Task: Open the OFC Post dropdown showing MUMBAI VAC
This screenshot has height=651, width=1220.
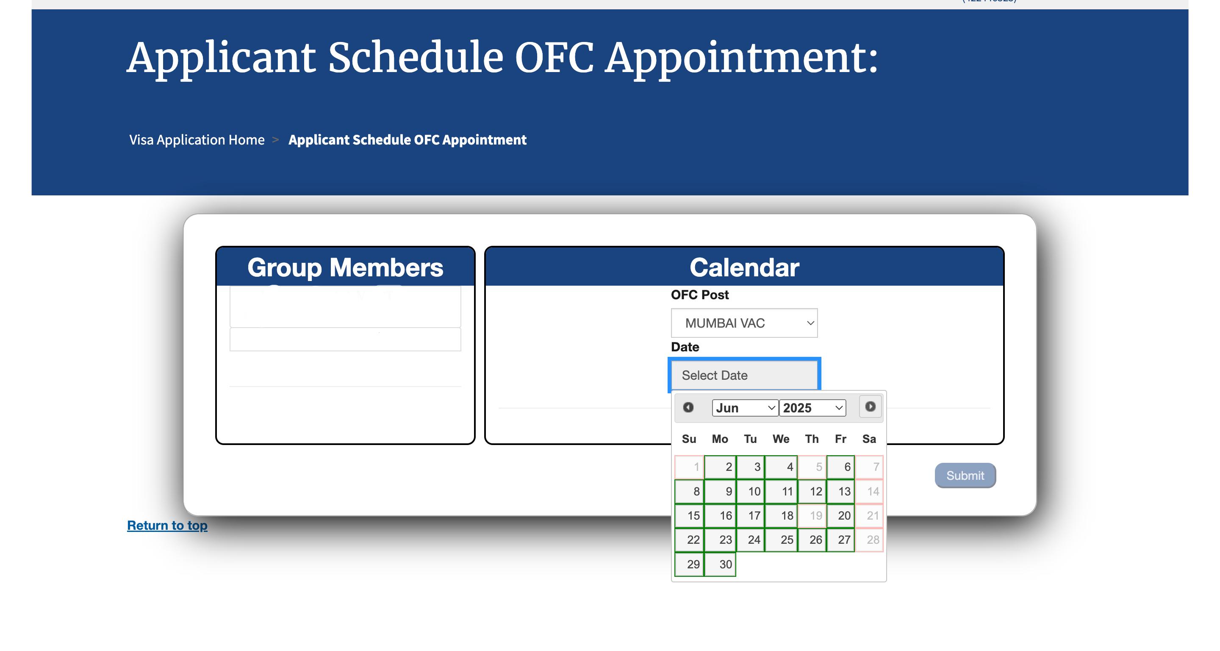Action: click(744, 323)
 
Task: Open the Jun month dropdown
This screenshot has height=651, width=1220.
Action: click(745, 408)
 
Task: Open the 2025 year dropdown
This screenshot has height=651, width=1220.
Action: click(812, 408)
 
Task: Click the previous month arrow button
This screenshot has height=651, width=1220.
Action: click(688, 407)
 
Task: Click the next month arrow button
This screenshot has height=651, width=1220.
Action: click(871, 406)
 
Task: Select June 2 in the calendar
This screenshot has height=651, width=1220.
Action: click(720, 467)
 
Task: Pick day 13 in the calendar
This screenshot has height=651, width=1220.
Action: click(840, 491)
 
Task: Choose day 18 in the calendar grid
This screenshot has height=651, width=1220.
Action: click(781, 515)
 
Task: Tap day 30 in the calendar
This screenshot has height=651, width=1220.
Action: click(720, 564)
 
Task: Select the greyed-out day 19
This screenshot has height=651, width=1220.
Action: click(812, 515)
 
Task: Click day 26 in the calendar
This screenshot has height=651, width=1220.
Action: click(812, 540)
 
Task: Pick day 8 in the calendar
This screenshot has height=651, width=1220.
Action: click(689, 491)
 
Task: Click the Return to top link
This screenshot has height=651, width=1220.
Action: click(167, 526)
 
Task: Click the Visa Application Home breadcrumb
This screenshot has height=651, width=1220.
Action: click(197, 140)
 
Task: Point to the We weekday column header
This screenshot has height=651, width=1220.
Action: click(781, 439)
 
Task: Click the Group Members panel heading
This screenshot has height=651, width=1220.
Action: click(345, 268)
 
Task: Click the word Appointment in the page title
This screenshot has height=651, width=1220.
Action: click(742, 59)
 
